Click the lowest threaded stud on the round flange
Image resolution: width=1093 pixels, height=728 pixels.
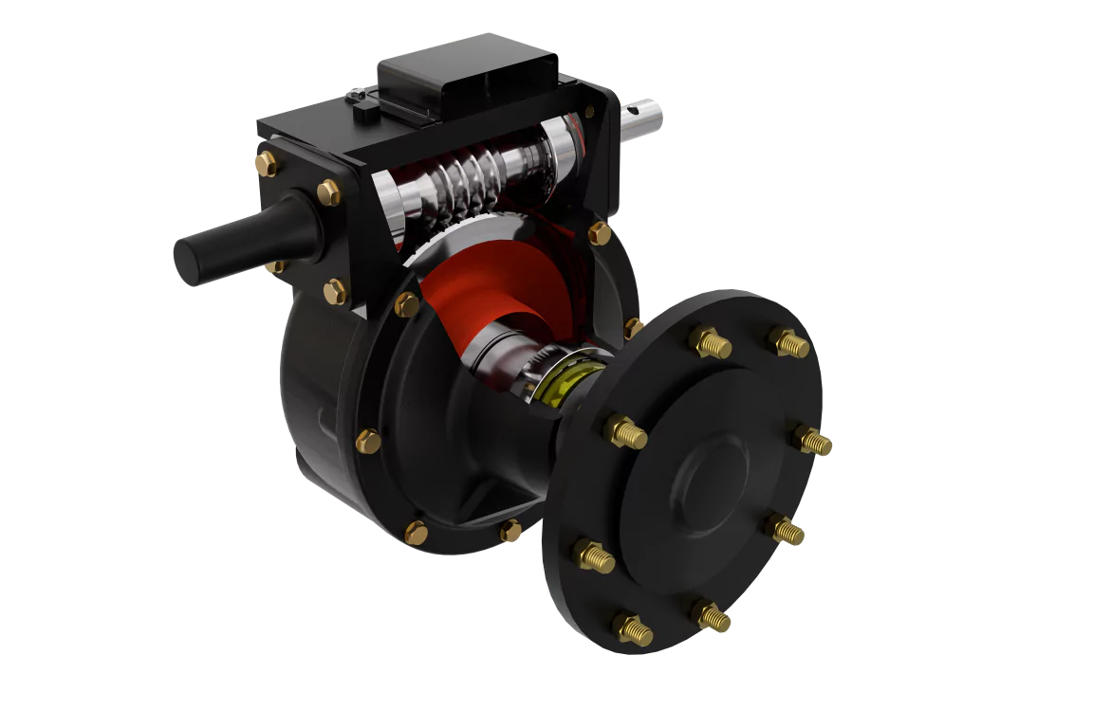[633, 628]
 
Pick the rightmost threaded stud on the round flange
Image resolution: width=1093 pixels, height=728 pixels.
[814, 441]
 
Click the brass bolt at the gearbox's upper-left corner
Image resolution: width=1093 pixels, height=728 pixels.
[266, 163]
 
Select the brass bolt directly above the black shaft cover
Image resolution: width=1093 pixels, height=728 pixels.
[328, 192]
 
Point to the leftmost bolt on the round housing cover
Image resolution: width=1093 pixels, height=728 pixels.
[368, 441]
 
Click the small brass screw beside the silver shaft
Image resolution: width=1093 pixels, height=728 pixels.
[590, 112]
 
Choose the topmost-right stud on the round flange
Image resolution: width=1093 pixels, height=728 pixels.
[789, 343]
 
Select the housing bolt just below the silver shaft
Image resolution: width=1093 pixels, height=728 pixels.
[600, 232]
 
